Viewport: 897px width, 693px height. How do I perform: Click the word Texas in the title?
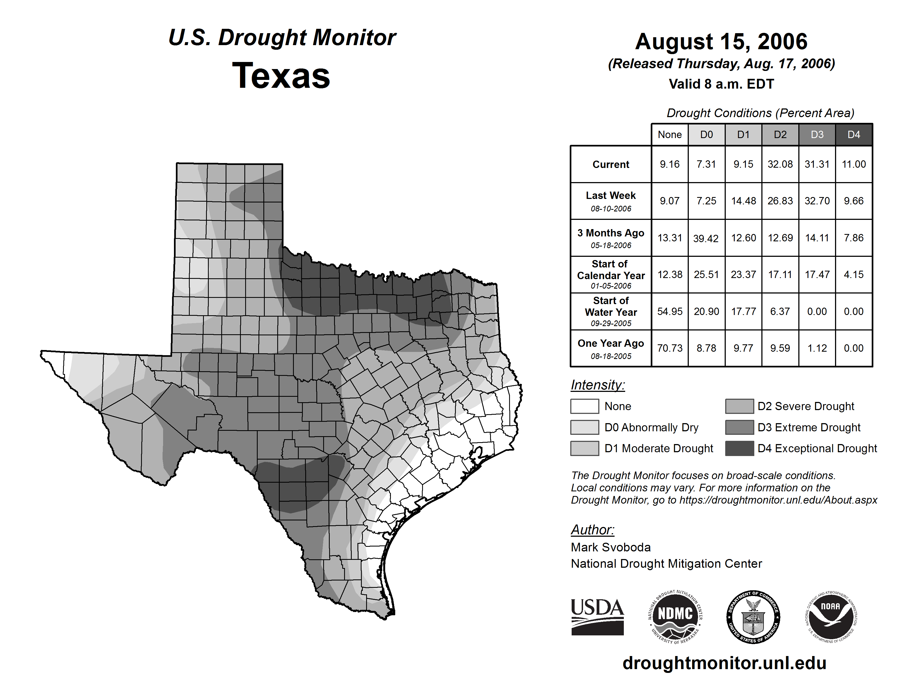point(281,76)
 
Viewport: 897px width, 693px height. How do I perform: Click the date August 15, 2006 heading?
point(721,42)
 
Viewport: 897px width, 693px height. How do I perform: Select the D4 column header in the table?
point(854,135)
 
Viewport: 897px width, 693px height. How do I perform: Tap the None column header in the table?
point(669,135)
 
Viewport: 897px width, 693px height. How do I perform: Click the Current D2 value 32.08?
point(780,164)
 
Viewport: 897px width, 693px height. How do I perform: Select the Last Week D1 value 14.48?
point(743,201)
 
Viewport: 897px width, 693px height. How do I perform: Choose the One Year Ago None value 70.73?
point(669,348)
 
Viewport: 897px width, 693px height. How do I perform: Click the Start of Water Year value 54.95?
point(669,312)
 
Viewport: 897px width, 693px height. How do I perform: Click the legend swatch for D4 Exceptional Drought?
point(739,448)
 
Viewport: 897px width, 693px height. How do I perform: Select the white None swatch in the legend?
point(584,406)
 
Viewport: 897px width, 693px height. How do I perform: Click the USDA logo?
point(597,617)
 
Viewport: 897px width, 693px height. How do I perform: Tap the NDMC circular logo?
point(675,617)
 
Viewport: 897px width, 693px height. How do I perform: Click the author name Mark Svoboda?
point(611,547)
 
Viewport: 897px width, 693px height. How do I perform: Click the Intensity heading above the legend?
point(597,385)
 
